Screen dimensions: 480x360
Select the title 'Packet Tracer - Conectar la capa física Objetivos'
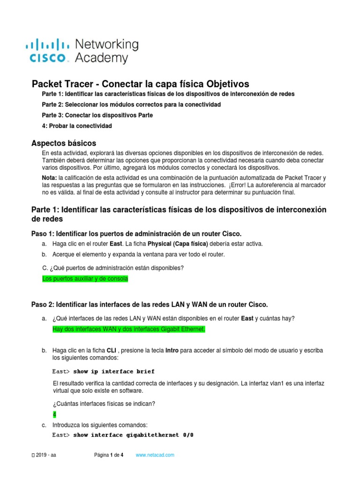coord(140,84)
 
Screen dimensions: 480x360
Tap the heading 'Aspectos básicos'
coord(63,143)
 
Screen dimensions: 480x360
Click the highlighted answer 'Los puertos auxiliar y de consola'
coord(85,279)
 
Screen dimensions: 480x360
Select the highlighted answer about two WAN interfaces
coord(129,330)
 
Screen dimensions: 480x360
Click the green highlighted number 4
coord(54,414)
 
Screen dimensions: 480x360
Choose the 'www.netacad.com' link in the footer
coord(155,455)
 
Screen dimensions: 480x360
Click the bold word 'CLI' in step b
coord(112,351)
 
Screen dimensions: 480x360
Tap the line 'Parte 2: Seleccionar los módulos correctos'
coord(131,104)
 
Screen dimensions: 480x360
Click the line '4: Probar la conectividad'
coord(77,126)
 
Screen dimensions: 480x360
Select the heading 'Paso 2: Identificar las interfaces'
coord(150,305)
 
